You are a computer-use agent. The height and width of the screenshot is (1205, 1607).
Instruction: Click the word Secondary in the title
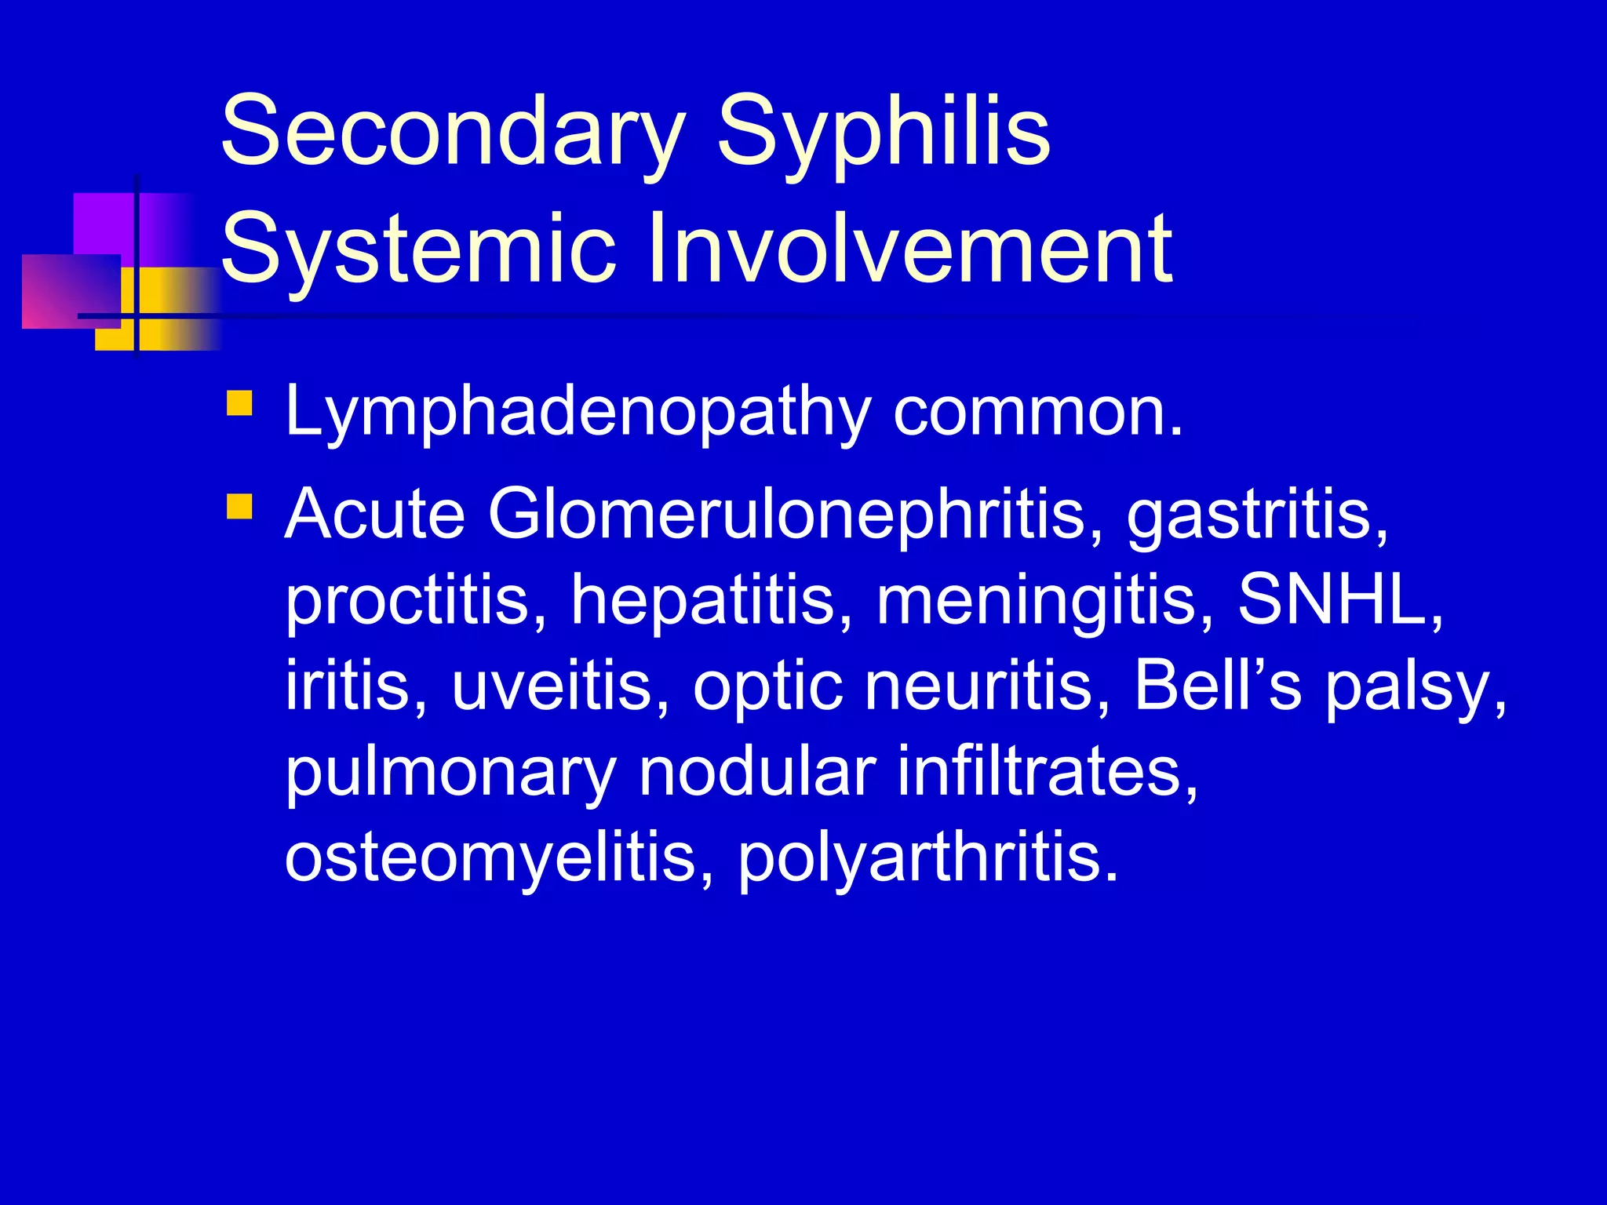454,131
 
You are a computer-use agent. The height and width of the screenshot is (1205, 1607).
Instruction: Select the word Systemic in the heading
418,249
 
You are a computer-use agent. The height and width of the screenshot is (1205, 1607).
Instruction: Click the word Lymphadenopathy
578,413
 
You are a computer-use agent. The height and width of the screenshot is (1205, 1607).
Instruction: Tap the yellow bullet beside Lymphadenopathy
239,403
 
